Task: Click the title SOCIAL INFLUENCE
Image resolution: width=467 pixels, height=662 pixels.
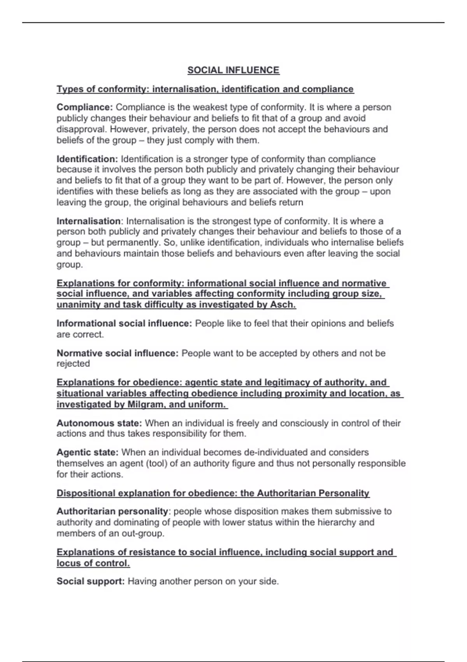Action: (x=233, y=70)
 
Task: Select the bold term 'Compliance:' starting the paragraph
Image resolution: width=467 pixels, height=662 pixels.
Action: (x=84, y=107)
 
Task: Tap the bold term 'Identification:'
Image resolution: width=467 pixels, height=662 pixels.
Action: (x=87, y=159)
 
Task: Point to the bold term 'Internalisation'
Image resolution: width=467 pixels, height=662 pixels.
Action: (x=89, y=221)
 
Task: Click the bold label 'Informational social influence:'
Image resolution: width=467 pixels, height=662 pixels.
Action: (x=124, y=323)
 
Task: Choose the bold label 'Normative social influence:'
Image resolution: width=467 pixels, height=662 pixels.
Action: (x=118, y=353)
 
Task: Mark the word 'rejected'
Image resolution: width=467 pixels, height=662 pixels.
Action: (x=73, y=364)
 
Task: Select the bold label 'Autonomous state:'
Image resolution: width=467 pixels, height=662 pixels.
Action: (x=99, y=423)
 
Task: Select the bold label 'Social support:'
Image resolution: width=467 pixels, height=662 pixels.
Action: (x=91, y=581)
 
